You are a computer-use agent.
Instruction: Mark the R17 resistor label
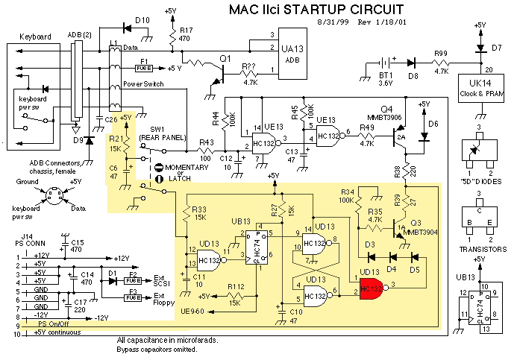tap(186, 31)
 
